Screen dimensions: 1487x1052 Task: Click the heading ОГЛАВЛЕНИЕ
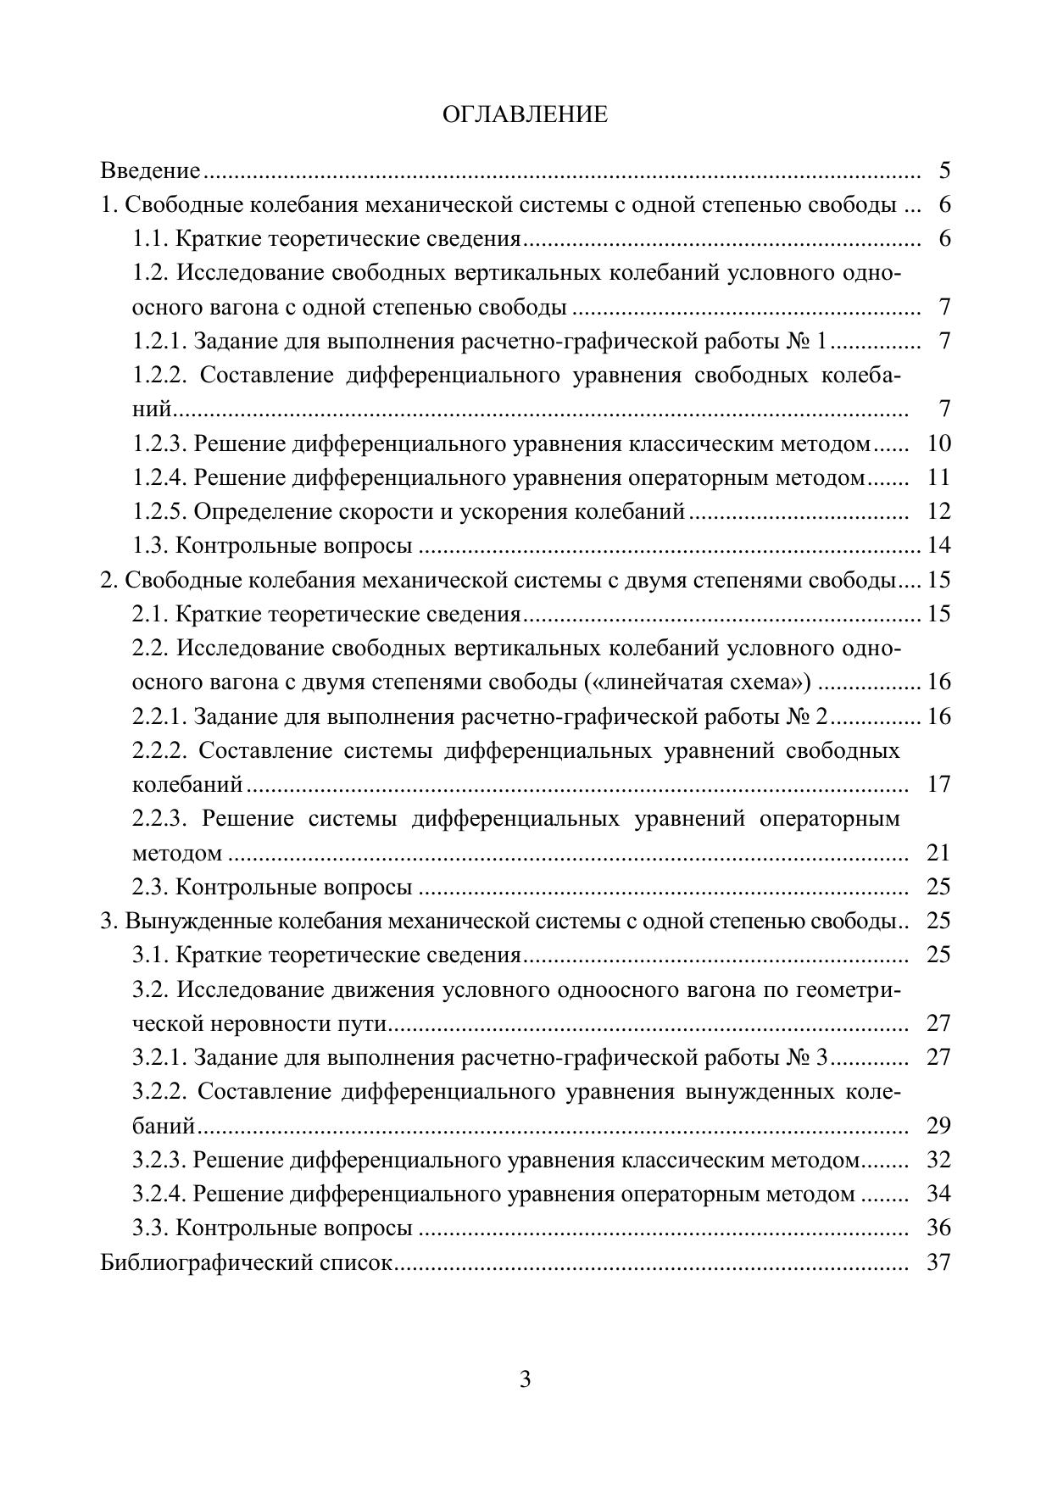pyautogui.click(x=525, y=115)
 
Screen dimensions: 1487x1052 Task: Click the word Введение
pyautogui.click(x=150, y=171)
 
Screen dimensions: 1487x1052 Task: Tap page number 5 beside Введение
pyautogui.click(x=944, y=171)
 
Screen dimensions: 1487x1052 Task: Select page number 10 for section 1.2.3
pyautogui.click(x=939, y=443)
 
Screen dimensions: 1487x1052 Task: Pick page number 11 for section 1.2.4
pyautogui.click(x=939, y=477)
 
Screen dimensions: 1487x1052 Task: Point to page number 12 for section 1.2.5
pyautogui.click(x=939, y=511)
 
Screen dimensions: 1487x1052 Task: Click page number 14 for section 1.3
pyautogui.click(x=939, y=545)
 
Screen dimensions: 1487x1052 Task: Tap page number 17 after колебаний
pyautogui.click(x=939, y=784)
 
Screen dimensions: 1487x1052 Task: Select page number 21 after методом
pyautogui.click(x=939, y=852)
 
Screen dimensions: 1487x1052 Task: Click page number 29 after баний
pyautogui.click(x=939, y=1126)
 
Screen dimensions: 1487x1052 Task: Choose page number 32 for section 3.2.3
pyautogui.click(x=939, y=1160)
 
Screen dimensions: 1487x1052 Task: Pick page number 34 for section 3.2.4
pyautogui.click(x=939, y=1194)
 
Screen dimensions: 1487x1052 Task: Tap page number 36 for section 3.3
pyautogui.click(x=939, y=1228)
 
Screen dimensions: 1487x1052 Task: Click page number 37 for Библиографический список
pyautogui.click(x=939, y=1262)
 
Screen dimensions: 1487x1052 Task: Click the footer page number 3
pyautogui.click(x=525, y=1379)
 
